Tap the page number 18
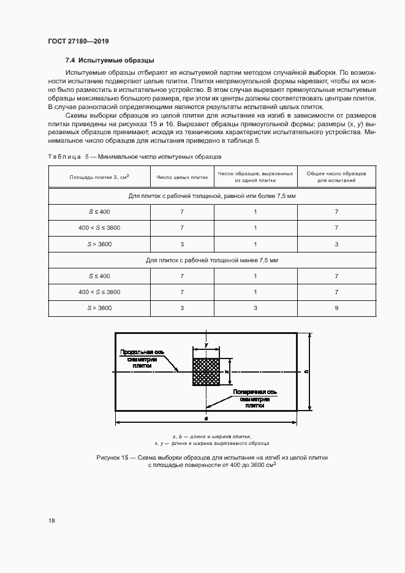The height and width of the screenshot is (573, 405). click(x=51, y=520)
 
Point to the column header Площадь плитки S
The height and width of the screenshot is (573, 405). click(x=99, y=177)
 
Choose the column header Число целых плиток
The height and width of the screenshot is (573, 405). click(x=182, y=177)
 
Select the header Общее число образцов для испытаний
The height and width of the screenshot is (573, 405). click(x=336, y=177)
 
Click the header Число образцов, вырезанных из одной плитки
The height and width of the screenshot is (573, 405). click(x=255, y=177)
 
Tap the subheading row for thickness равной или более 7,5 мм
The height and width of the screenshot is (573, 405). click(x=212, y=196)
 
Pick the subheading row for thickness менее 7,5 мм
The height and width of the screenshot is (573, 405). click(x=212, y=260)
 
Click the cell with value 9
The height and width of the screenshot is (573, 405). click(x=336, y=308)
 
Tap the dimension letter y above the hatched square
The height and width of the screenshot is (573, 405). click(x=206, y=336)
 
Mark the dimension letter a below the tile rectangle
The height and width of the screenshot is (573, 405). click(x=206, y=417)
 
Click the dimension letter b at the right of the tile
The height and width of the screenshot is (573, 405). click(x=305, y=372)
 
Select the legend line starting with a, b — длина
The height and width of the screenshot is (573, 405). click(x=211, y=435)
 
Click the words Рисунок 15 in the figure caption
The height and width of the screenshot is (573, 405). click(x=115, y=457)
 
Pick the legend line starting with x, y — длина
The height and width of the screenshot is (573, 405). click(x=211, y=442)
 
